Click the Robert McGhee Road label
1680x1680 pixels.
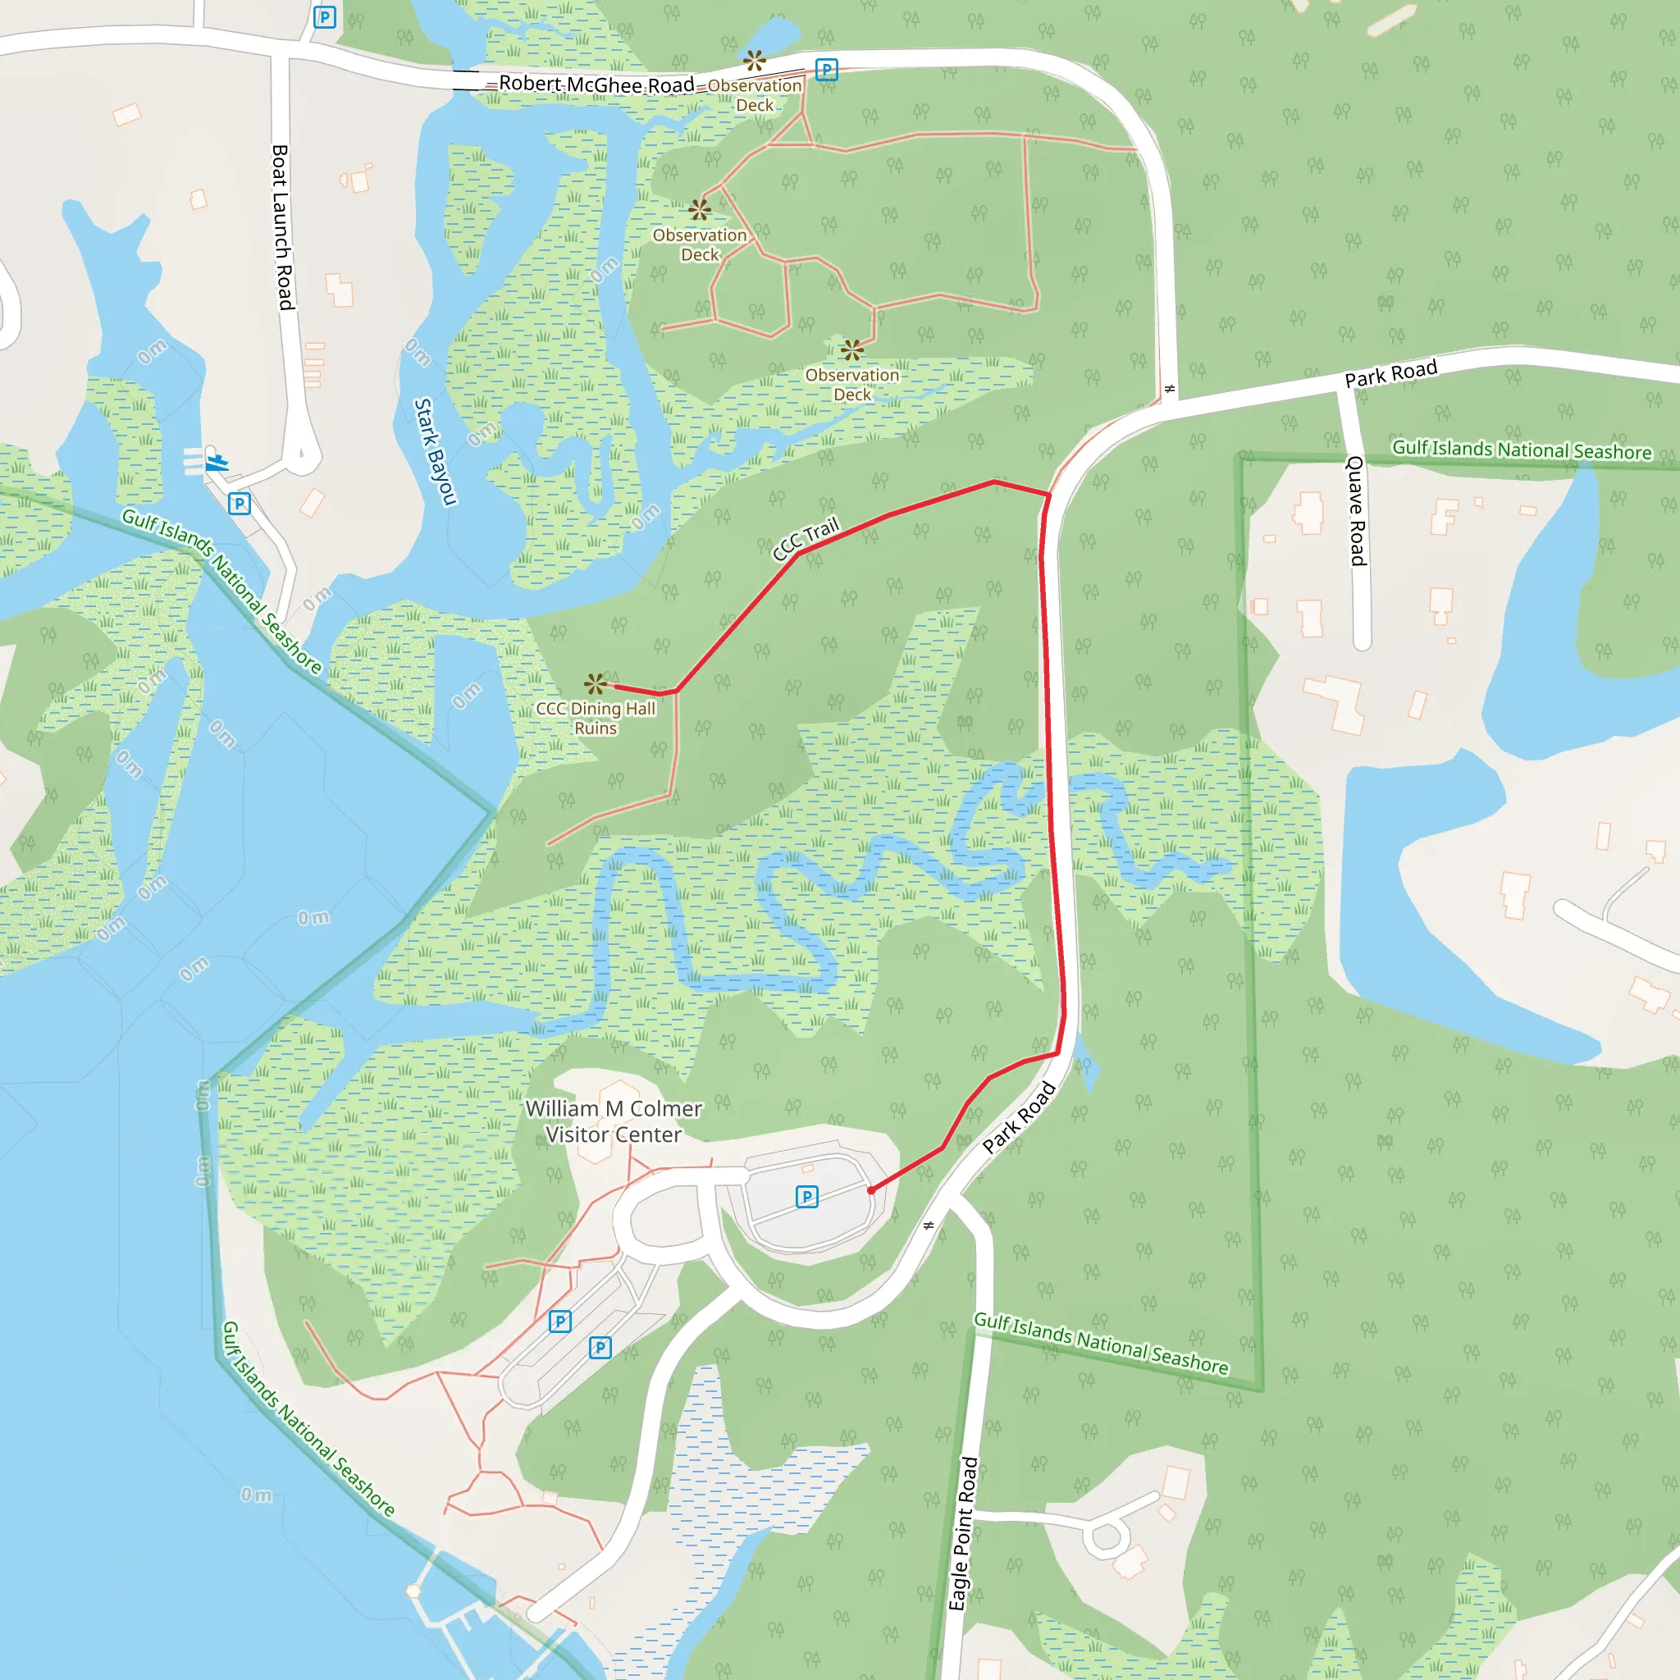point(596,84)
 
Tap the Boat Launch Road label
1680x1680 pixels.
point(283,227)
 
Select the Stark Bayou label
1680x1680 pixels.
point(434,451)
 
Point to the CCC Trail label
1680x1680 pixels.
point(806,538)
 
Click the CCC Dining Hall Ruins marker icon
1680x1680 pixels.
point(595,683)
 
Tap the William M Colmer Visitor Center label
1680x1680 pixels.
point(614,1121)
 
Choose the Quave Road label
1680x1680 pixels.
point(1357,510)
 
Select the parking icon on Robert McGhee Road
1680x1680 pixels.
point(826,70)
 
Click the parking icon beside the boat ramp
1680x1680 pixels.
point(240,504)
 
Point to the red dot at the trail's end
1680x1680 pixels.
point(871,1190)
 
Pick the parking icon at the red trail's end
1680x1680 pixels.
point(807,1197)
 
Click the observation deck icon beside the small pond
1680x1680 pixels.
point(754,61)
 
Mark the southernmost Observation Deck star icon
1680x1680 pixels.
point(852,350)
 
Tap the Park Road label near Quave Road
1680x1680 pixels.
point(1390,374)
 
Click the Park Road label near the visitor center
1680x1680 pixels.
point(1019,1117)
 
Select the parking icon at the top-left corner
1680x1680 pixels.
point(324,17)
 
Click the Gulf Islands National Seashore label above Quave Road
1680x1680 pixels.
point(1521,450)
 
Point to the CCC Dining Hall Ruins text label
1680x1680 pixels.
point(596,719)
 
